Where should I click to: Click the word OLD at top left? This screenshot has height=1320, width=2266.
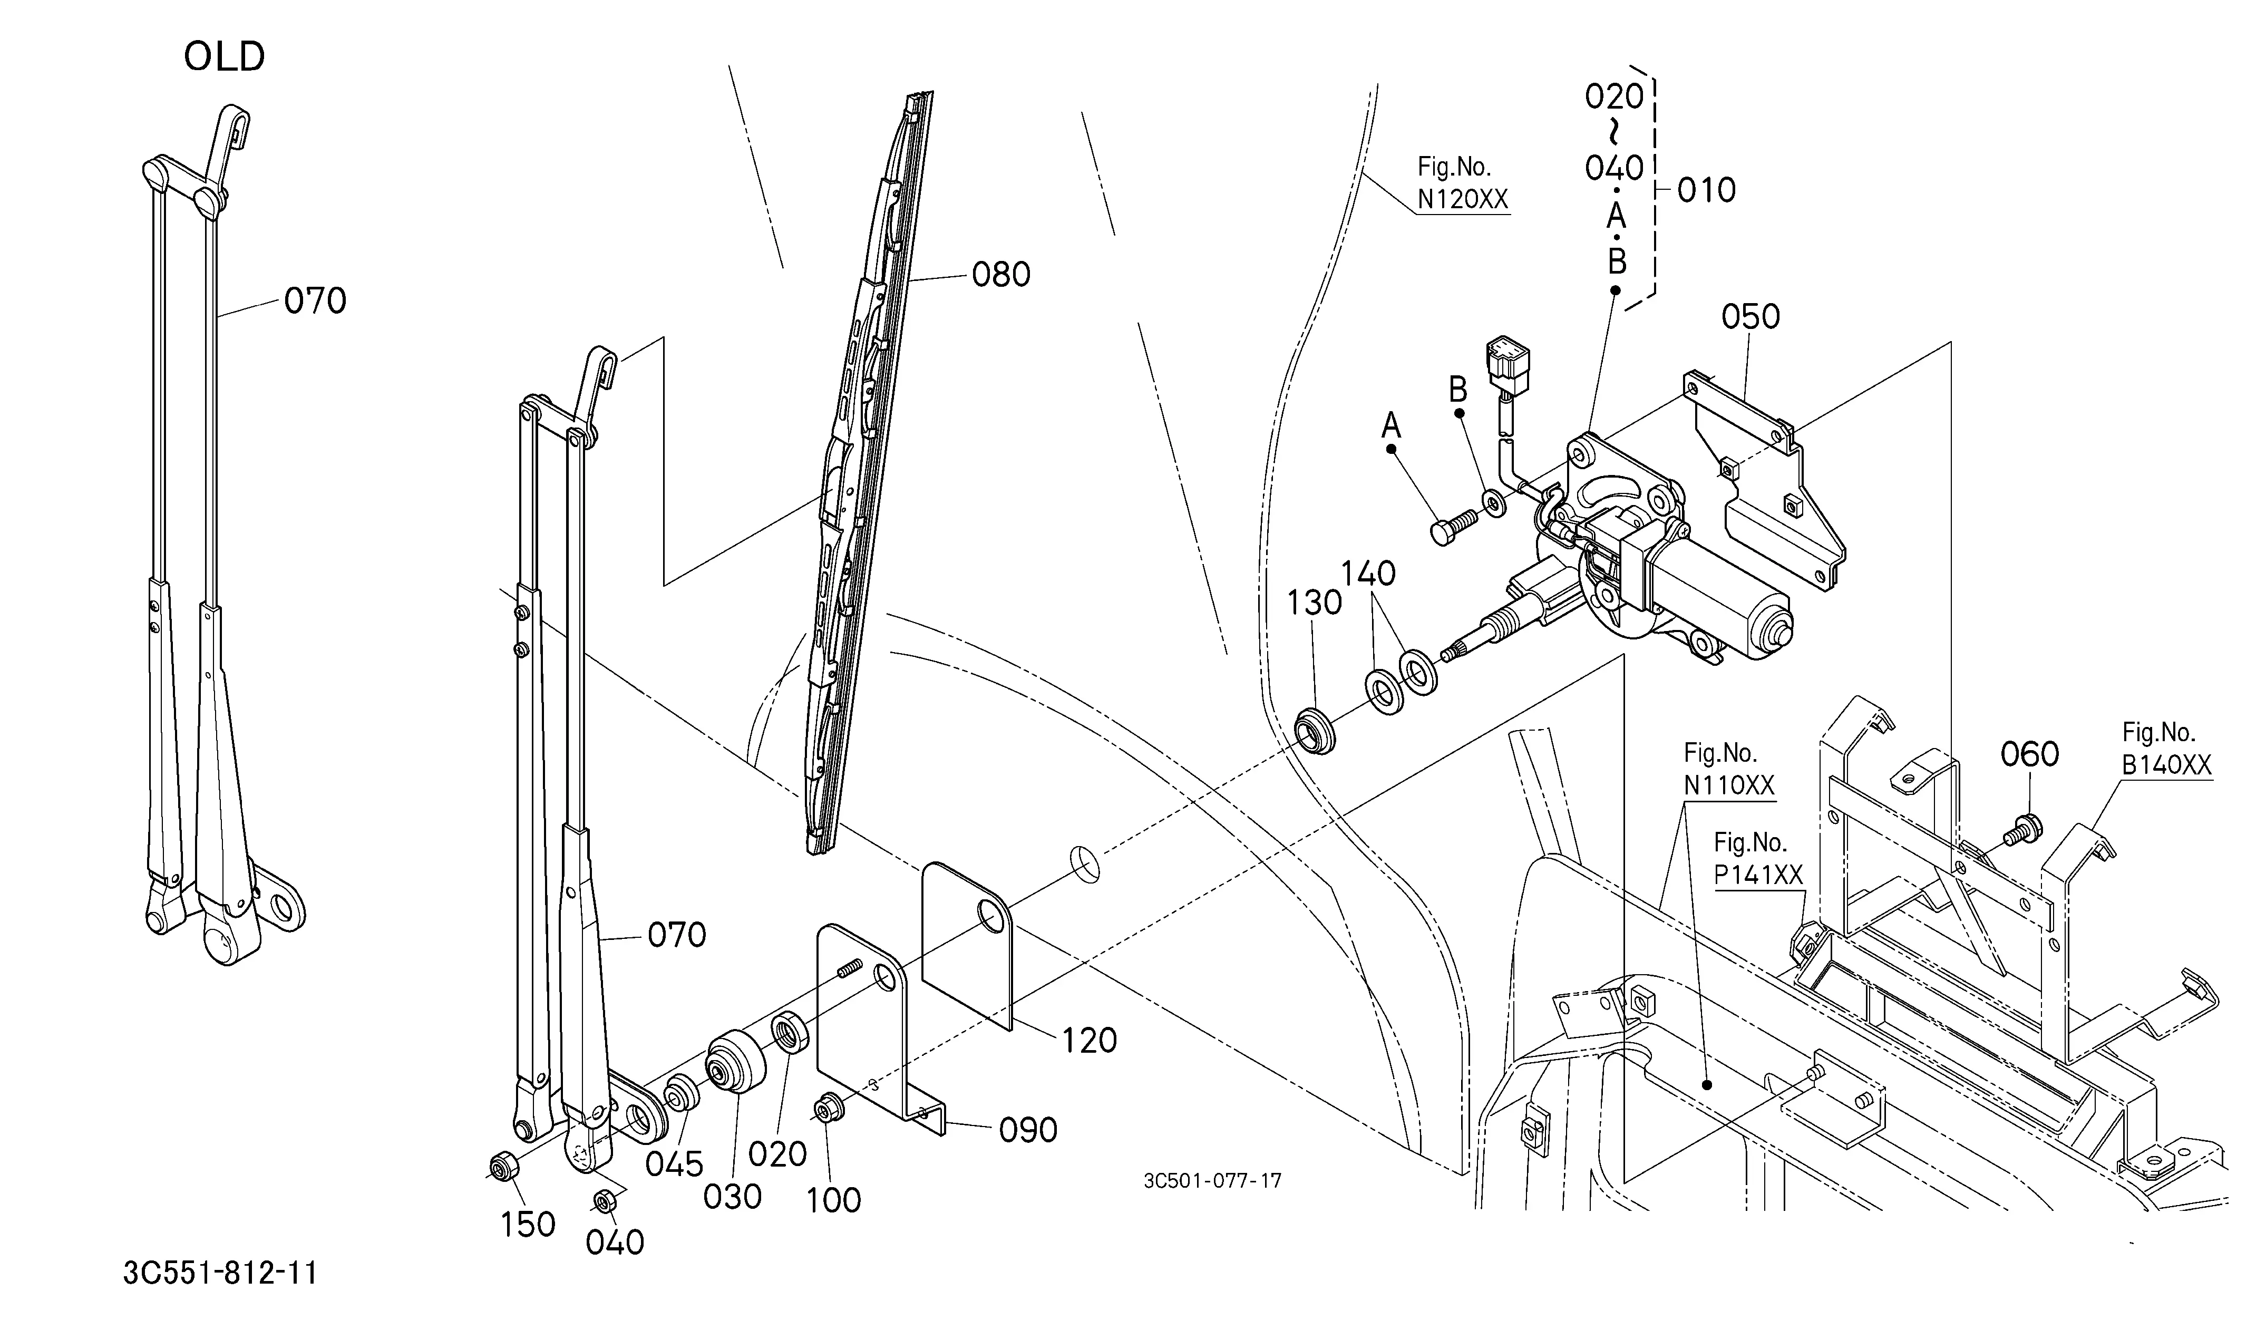(224, 56)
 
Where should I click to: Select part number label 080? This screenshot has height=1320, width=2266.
(1001, 274)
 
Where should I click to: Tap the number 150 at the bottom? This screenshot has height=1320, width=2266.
(527, 1224)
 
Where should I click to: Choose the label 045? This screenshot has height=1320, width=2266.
(674, 1164)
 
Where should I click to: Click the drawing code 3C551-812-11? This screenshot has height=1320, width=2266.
(220, 1273)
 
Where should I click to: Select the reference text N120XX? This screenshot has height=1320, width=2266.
(1463, 199)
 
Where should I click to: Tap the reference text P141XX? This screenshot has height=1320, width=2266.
(1758, 875)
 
